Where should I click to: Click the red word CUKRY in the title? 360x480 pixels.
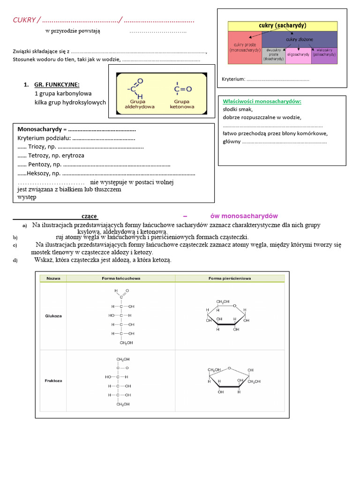(24, 20)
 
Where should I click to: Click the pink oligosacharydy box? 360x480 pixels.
(298, 55)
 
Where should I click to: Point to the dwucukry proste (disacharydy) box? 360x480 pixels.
(273, 54)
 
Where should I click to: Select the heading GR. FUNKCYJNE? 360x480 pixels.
(56, 85)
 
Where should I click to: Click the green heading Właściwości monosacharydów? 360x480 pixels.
(262, 101)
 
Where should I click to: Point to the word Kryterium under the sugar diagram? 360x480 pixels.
(233, 79)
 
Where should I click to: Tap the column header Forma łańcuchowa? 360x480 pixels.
(121, 278)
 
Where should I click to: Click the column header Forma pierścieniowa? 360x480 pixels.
(230, 278)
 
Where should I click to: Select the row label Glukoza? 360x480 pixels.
(53, 316)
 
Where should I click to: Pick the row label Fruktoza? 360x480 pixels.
(53, 381)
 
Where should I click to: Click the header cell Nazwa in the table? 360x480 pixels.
(53, 278)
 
